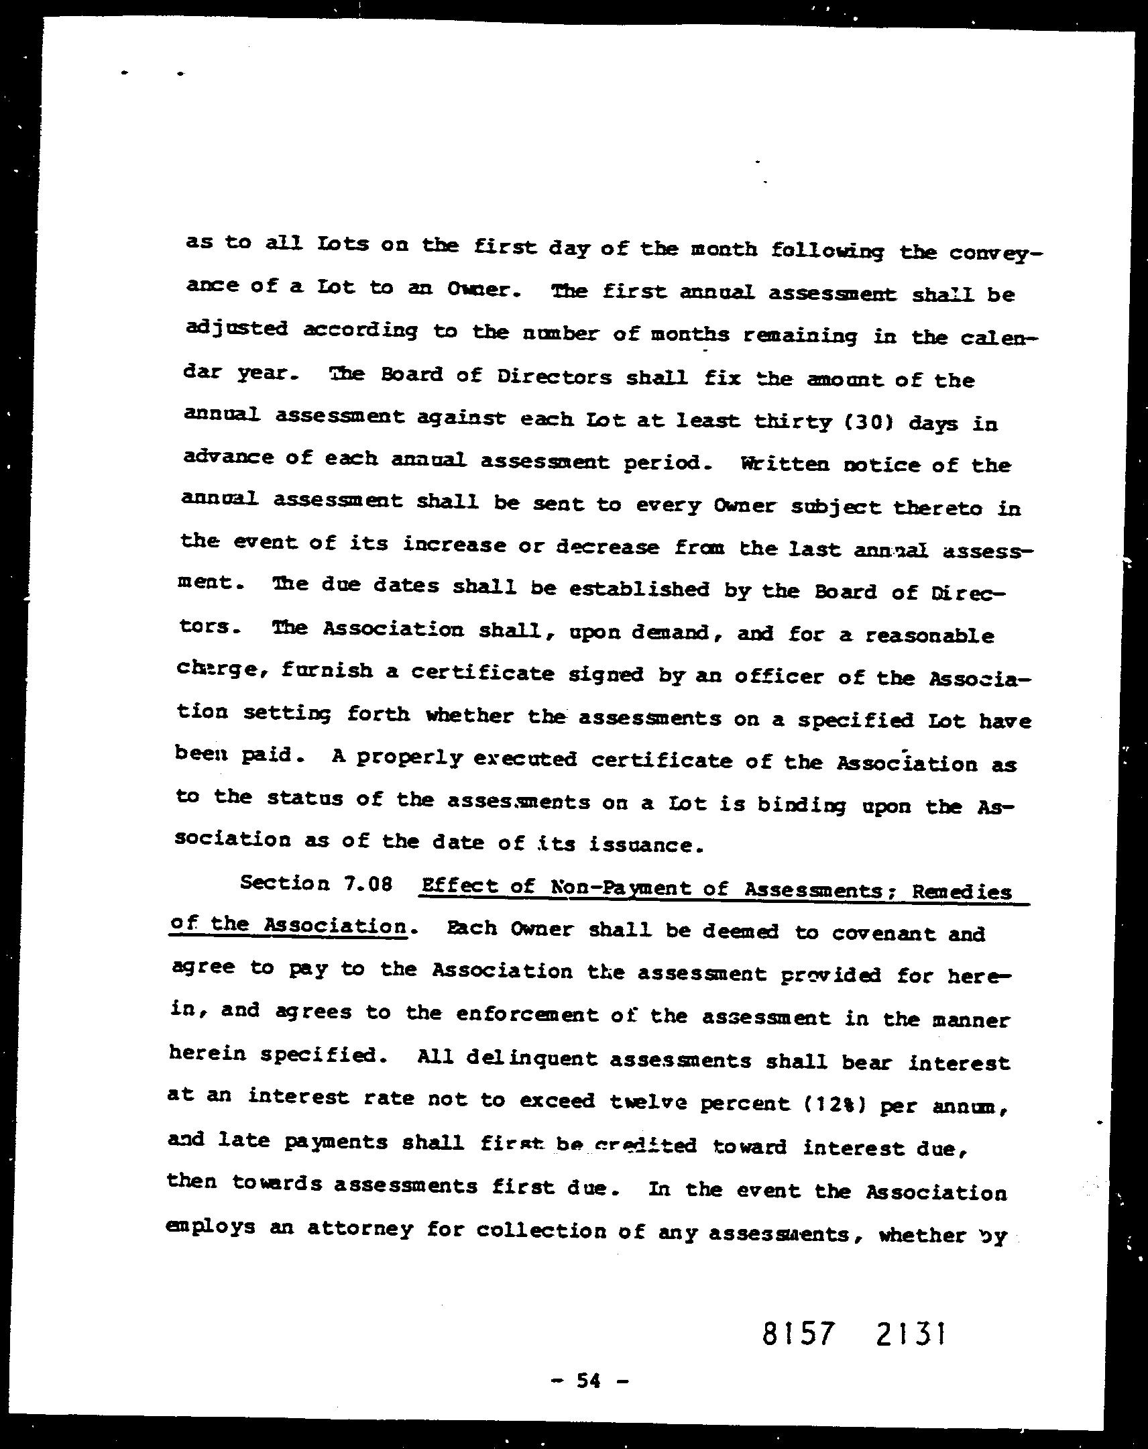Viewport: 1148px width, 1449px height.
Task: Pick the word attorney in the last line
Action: (x=359, y=1229)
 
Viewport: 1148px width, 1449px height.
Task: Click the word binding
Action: (x=803, y=804)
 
